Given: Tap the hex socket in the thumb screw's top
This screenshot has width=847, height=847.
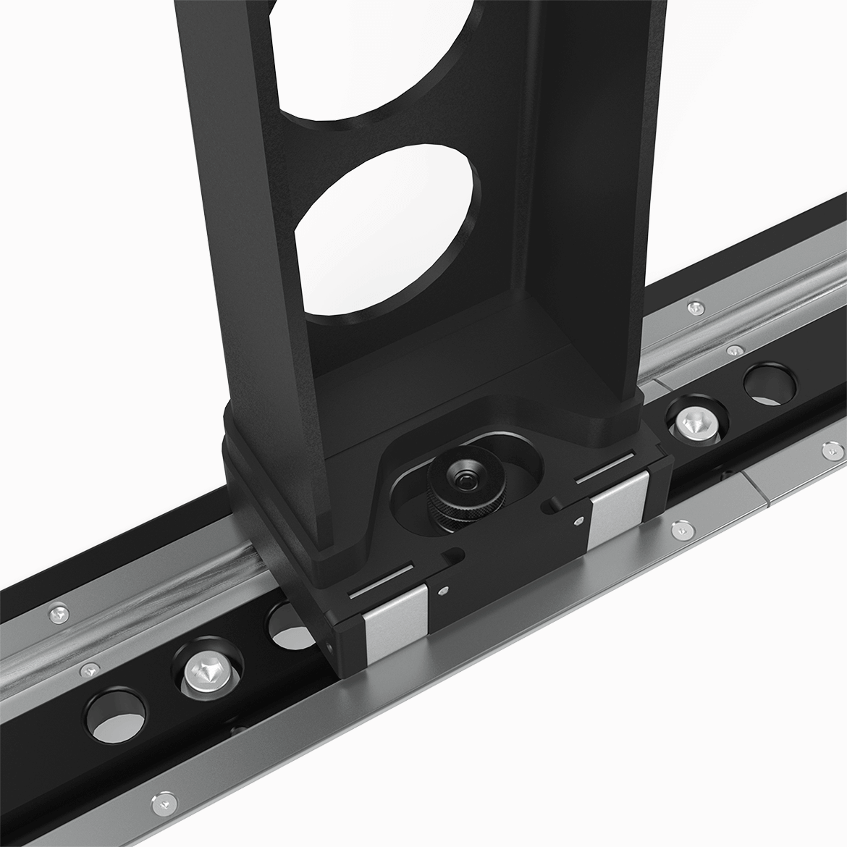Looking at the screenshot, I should [x=462, y=479].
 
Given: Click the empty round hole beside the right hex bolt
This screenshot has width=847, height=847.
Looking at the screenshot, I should [x=769, y=382].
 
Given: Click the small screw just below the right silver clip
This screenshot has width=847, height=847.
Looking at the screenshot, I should [x=680, y=531].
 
